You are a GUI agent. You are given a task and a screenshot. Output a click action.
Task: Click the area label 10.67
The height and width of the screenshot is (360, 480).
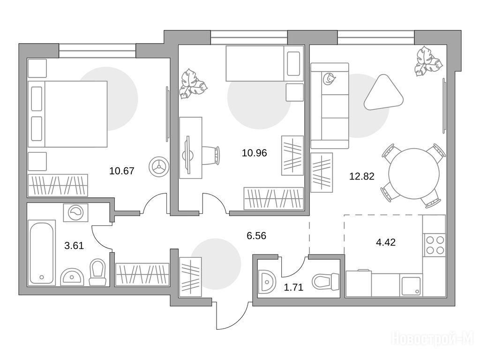click(x=121, y=171)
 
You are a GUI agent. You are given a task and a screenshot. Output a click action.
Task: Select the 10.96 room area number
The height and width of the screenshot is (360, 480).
click(x=255, y=153)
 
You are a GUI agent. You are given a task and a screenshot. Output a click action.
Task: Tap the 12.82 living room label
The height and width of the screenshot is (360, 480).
click(x=362, y=176)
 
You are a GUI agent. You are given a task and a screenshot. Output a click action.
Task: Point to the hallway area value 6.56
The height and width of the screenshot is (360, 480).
click(x=256, y=236)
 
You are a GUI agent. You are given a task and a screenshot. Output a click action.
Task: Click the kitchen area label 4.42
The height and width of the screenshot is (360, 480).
click(x=386, y=242)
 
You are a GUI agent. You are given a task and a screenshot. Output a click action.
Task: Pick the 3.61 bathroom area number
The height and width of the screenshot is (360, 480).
click(x=74, y=246)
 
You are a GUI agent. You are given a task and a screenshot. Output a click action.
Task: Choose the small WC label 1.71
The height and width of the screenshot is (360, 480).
click(x=294, y=287)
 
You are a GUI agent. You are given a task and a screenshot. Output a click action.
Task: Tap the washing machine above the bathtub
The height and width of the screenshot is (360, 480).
click(x=75, y=212)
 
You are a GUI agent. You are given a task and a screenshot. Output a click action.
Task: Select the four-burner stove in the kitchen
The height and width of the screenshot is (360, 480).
click(x=435, y=245)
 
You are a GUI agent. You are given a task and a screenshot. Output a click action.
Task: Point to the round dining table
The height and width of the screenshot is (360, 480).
click(x=414, y=173)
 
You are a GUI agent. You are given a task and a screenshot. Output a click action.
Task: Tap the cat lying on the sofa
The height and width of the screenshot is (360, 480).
click(x=329, y=79)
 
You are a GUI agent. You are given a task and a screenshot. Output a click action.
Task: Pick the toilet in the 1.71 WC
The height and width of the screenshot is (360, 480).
click(x=325, y=282)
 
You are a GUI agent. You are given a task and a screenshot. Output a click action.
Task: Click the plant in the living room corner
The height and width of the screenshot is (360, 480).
click(x=428, y=61)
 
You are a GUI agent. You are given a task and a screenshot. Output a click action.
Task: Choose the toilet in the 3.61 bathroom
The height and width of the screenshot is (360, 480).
click(x=97, y=272)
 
